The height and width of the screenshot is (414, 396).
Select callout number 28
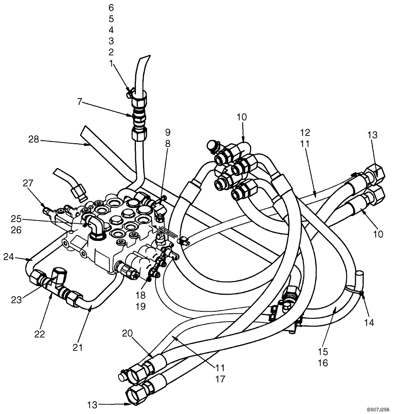click(34, 140)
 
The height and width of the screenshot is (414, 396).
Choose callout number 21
click(78, 347)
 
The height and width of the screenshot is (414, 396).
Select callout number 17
click(221, 379)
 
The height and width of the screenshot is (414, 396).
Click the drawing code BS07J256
click(378, 409)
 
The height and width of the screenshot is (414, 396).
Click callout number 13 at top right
click(372, 136)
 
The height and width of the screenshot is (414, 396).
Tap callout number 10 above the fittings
click(242, 117)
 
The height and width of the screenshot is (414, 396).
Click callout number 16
click(323, 363)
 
